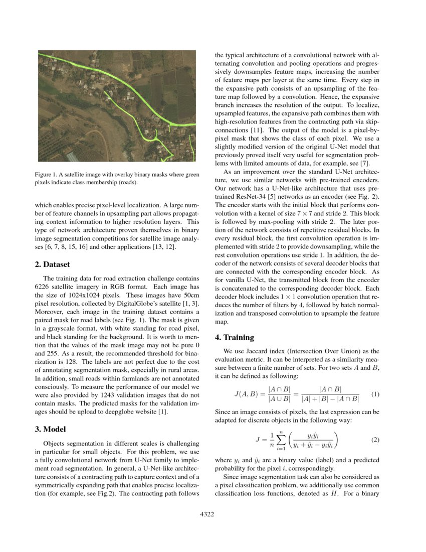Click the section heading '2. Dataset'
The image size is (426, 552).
pyautogui.click(x=52, y=264)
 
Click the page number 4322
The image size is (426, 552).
pyautogui.click(x=207, y=513)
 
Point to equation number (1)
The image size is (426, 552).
pyautogui.click(x=374, y=394)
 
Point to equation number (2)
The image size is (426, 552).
pyautogui.click(x=374, y=440)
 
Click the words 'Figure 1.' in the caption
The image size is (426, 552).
pyautogui.click(x=46, y=174)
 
